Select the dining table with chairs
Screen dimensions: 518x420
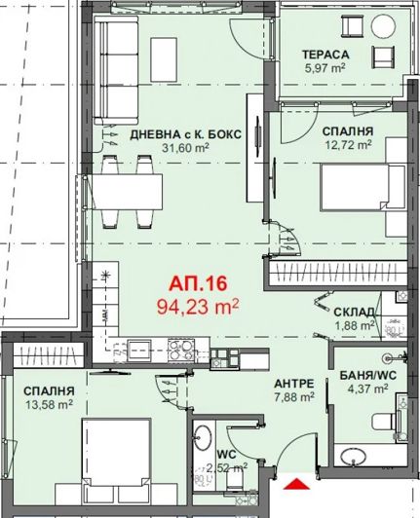[132, 191]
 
